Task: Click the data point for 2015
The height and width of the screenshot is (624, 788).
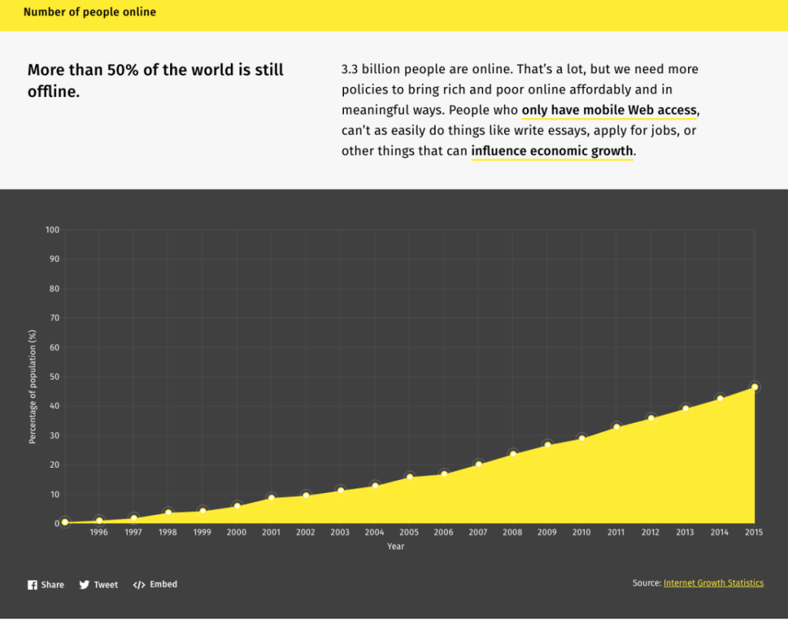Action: point(754,387)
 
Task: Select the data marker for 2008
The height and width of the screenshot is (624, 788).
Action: point(513,454)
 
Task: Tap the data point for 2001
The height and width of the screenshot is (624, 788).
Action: point(271,498)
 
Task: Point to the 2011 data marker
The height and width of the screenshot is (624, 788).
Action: point(616,427)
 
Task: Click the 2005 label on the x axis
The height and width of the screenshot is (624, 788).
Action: point(409,532)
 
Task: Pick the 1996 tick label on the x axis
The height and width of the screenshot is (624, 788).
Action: point(98,532)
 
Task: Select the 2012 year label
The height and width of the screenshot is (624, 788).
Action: point(650,532)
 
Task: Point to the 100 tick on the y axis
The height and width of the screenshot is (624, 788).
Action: point(52,230)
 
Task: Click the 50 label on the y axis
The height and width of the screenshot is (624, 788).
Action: point(55,377)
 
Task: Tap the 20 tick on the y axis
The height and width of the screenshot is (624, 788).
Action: point(55,465)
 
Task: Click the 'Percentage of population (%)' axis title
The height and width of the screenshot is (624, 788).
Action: point(32,387)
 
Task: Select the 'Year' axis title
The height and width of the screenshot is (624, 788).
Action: point(396,546)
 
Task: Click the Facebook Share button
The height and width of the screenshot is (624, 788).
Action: point(46,585)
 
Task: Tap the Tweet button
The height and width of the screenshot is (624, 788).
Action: point(98,585)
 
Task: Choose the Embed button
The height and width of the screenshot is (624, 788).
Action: point(155,585)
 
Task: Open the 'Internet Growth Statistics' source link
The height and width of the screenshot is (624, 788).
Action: point(713,583)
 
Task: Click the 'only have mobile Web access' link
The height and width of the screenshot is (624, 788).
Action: point(609,110)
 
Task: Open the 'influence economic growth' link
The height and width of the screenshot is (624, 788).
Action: point(552,151)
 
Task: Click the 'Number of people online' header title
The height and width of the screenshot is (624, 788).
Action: point(90,12)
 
